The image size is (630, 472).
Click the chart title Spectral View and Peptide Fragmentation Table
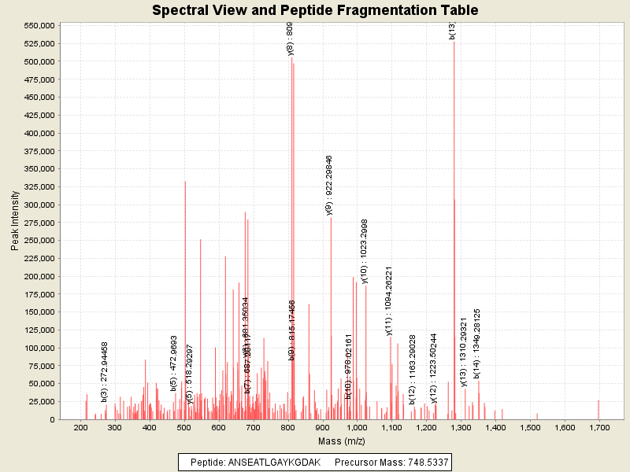click(315, 10)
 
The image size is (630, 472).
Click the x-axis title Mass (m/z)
click(330, 441)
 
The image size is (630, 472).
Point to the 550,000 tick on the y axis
click(38, 25)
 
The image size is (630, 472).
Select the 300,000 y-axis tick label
click(38, 205)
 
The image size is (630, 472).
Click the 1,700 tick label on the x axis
click(599, 427)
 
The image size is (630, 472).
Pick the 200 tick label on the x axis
click(80, 427)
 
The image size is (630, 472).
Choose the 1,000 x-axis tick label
click(357, 427)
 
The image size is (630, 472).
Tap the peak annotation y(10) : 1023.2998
click(364, 251)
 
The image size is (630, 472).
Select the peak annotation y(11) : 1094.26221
click(389, 301)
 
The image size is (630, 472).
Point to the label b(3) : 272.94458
click(105, 372)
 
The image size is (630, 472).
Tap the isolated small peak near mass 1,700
click(598, 409)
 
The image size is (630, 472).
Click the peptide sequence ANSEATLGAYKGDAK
click(274, 462)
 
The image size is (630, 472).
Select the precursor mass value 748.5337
click(425, 462)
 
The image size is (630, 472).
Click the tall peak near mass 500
click(185, 299)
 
